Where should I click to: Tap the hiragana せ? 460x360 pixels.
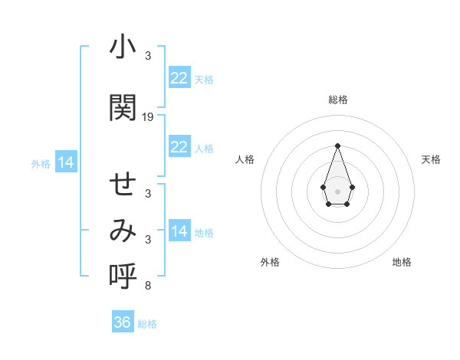coord(122,185)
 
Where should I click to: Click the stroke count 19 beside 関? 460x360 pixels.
coord(148,117)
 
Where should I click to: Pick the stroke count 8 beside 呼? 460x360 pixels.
coord(148,286)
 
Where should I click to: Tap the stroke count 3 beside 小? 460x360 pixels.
coord(148,56)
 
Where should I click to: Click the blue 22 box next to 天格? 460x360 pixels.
coord(179,78)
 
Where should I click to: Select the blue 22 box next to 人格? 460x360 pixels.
coord(179,147)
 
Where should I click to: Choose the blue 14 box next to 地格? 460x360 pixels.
coord(179,231)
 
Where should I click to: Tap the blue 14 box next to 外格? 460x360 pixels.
coord(66,162)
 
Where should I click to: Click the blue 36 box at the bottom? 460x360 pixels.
coord(123,322)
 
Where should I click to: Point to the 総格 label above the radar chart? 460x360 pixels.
coord(337,100)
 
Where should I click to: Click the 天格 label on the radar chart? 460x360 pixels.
coord(431,159)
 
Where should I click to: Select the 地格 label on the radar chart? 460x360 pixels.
coord(402,262)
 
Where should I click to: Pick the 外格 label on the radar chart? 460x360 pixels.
coord(270,262)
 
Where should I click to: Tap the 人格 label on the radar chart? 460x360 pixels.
coord(245,159)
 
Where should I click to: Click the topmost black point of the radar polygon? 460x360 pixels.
coord(337,145)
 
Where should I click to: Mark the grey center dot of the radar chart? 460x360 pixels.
coord(337,190)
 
